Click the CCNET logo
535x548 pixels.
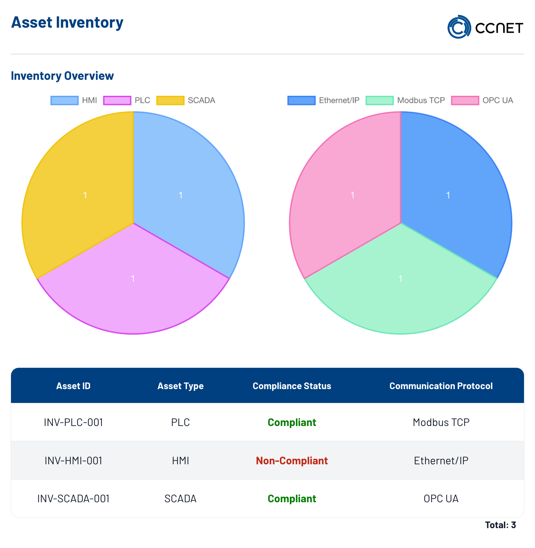tap(485, 27)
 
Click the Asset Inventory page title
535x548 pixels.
tap(67, 22)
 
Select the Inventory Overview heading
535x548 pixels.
tap(62, 76)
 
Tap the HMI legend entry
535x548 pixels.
tap(74, 100)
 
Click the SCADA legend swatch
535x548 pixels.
tap(170, 100)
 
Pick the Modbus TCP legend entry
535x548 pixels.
tap(405, 100)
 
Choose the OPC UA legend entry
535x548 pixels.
tap(482, 100)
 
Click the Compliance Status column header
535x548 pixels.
tap(292, 386)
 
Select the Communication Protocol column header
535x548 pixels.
tap(441, 386)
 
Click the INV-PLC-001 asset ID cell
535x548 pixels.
tap(73, 422)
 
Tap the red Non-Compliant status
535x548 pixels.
tap(292, 461)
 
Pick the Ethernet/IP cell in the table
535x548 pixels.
tap(441, 461)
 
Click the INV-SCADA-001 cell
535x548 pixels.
tap(73, 499)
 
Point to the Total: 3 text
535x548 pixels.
tap(501, 525)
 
